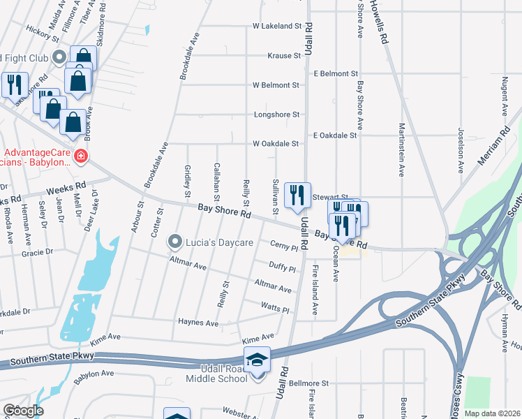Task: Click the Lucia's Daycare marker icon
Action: click(174, 242)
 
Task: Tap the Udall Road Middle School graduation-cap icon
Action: click(257, 359)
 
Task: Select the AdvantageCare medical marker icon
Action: click(81, 156)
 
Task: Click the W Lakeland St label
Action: click(276, 27)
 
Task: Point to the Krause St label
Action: click(283, 56)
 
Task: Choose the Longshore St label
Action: click(276, 115)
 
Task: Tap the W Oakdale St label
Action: click(276, 144)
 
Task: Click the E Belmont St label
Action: click(336, 73)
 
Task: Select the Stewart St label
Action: click(322, 198)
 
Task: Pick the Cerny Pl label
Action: click(284, 247)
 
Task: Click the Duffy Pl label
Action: click(283, 267)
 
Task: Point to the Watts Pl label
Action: click(274, 308)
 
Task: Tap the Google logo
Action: click(22, 411)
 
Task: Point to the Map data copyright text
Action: click(492, 413)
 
